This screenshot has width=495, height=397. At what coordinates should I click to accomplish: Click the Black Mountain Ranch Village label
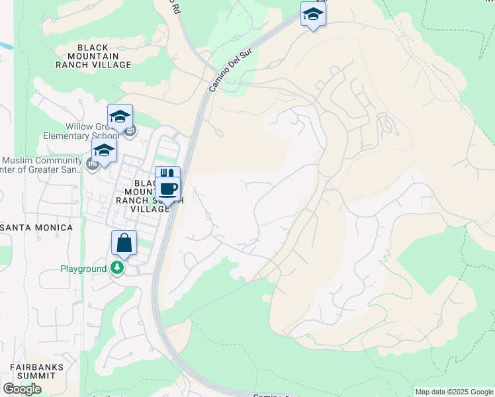click(104, 56)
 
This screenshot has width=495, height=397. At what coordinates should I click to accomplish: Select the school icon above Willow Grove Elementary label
click(120, 117)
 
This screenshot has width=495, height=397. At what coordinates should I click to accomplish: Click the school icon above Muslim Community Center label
click(104, 150)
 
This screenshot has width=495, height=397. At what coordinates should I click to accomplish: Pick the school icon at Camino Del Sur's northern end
click(313, 14)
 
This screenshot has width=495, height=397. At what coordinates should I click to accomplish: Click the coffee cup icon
click(169, 189)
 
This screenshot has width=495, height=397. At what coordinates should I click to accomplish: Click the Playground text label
click(83, 269)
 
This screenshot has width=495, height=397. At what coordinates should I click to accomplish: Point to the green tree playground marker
click(117, 268)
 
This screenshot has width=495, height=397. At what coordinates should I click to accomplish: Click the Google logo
click(22, 388)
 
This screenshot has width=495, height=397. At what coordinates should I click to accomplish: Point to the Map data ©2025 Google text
click(454, 392)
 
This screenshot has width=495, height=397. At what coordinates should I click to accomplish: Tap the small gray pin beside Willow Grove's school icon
click(131, 130)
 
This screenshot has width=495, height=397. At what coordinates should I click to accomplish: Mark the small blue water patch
click(4, 46)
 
